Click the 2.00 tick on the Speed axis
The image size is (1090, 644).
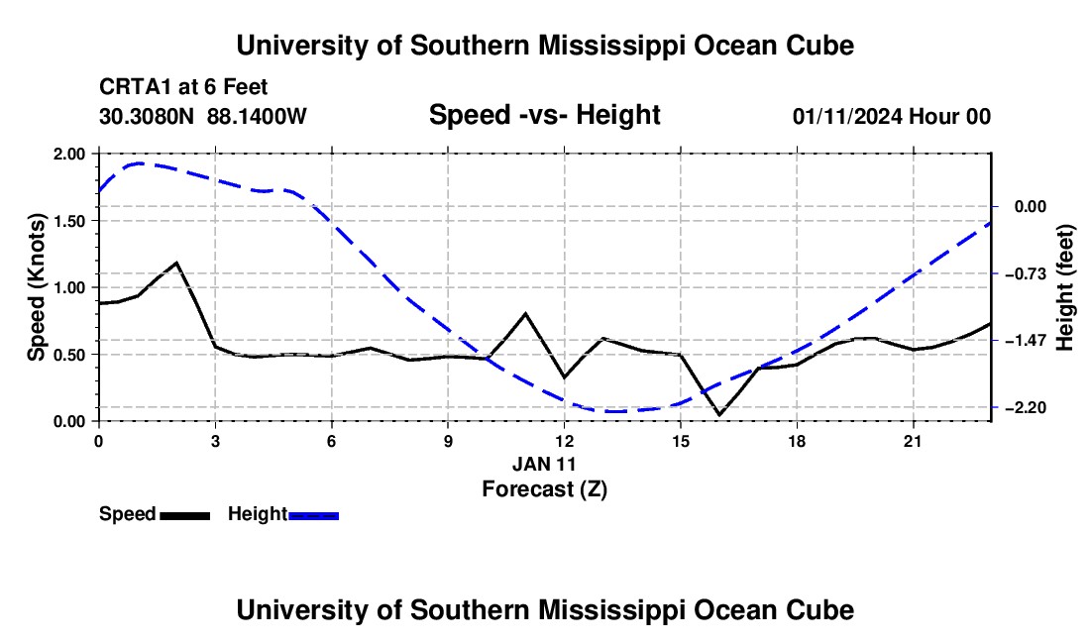(68, 154)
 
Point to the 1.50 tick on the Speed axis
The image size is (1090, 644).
(68, 221)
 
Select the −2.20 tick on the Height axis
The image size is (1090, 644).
(1026, 408)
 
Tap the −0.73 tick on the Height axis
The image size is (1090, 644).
(1026, 273)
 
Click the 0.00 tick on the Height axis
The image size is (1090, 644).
(1031, 207)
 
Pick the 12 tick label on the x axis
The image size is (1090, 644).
(565, 441)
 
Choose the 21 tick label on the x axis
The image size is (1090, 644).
(913, 441)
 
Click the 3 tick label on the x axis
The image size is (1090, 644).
(215, 441)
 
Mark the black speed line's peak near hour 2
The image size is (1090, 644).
(176, 263)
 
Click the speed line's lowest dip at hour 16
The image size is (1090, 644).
(718, 415)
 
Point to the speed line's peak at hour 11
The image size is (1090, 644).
(525, 313)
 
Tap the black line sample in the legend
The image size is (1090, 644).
(185, 516)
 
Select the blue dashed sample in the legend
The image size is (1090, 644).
(313, 516)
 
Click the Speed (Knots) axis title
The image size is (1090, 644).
(36, 287)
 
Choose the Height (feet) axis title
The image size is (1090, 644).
(1064, 287)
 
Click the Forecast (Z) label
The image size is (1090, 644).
(544, 489)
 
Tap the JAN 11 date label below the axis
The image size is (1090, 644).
(544, 464)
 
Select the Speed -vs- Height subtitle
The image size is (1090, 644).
(544, 115)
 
